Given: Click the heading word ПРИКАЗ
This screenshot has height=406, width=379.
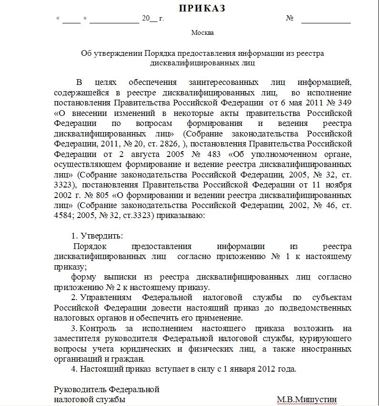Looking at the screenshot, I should tap(202, 9).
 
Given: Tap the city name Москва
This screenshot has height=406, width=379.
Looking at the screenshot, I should tap(202, 33).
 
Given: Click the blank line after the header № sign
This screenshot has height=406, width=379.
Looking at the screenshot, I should tap(326, 19).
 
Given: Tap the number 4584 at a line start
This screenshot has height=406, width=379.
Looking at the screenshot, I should tap(63, 216).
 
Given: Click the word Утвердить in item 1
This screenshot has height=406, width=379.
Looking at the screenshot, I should tap(102, 236).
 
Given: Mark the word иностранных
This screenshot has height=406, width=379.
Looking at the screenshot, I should tap(328, 349).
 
